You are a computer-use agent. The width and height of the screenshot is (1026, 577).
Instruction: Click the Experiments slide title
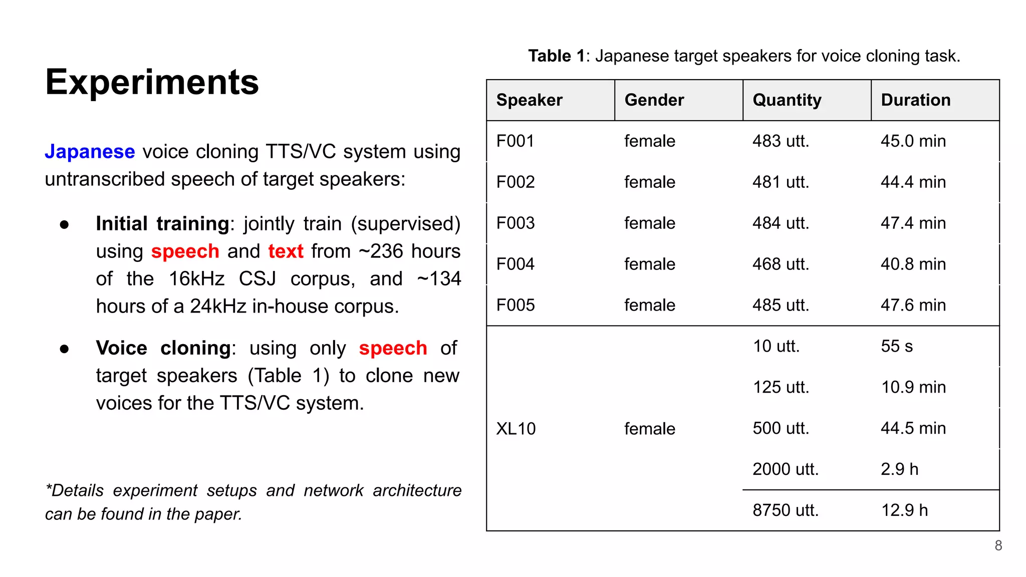(x=152, y=82)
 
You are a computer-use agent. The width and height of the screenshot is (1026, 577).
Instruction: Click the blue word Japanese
(x=90, y=151)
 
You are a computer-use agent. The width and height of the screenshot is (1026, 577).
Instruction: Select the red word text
(x=286, y=251)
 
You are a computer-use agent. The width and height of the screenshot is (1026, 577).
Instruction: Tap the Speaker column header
(x=529, y=100)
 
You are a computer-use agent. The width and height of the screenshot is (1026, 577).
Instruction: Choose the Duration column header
(x=915, y=100)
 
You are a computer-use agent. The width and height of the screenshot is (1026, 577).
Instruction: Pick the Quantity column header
(x=787, y=100)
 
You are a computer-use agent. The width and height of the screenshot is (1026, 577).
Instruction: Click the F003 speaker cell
(x=515, y=223)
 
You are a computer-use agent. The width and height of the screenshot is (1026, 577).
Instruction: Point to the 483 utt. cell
(x=781, y=141)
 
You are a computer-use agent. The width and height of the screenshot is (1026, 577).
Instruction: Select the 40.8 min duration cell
(x=913, y=264)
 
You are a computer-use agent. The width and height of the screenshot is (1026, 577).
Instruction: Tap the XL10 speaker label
(x=516, y=429)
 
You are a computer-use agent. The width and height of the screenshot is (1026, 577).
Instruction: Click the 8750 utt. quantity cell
(x=785, y=510)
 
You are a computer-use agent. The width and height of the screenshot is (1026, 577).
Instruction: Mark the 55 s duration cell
(x=896, y=346)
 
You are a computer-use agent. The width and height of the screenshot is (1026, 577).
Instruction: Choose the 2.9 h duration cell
(x=899, y=469)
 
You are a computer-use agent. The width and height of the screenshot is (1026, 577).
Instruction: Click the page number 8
(x=998, y=545)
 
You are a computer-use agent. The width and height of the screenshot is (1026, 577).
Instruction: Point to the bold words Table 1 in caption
(x=556, y=56)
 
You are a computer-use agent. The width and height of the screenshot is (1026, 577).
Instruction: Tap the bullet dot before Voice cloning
(x=64, y=349)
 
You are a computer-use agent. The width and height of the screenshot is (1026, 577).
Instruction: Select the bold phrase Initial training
(x=162, y=223)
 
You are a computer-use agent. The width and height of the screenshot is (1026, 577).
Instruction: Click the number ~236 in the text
(x=381, y=251)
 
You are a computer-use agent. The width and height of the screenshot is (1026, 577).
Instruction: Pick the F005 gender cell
(x=649, y=305)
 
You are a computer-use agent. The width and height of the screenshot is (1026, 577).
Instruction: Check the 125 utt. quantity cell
(x=781, y=387)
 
